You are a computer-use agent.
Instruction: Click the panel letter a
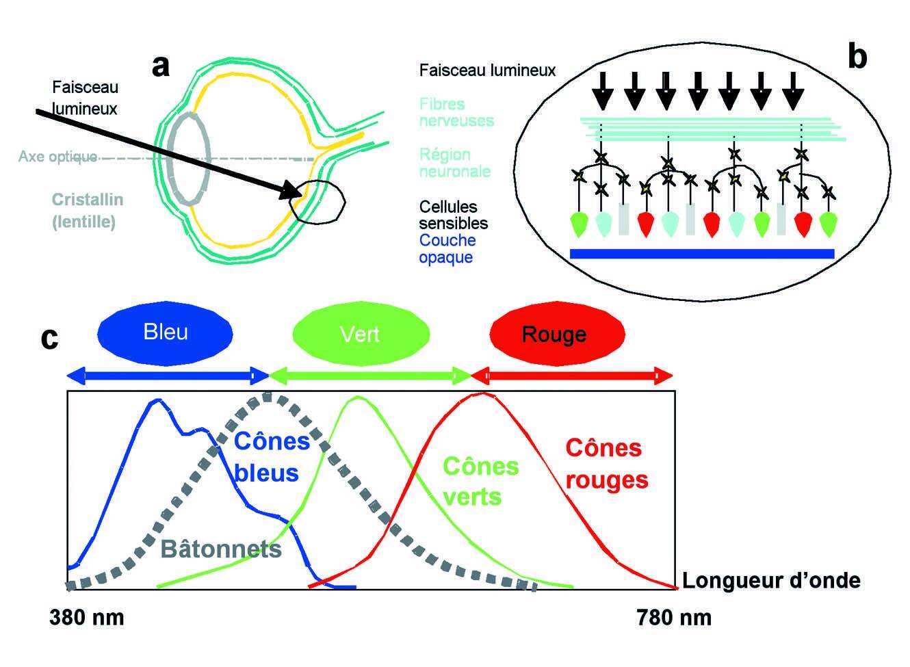pos(160,66)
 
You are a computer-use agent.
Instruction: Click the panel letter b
pos(857,57)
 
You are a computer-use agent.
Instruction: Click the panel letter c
pos(49,337)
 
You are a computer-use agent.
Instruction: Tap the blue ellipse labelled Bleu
pos(166,333)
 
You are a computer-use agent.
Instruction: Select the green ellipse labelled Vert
pos(361,334)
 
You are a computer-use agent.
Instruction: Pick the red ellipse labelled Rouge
pos(557,334)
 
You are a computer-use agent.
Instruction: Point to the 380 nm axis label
pos(87,618)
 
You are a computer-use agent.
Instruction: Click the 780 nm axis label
pos(674,618)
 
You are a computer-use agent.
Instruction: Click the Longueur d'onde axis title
pos(771,581)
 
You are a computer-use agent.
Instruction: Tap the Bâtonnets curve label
pos(221,549)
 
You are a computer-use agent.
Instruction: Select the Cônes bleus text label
pos(270,457)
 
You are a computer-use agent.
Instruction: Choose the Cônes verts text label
pos(481,481)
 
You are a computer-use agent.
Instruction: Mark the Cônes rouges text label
pos(606,464)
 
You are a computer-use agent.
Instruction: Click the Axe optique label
pos(57,157)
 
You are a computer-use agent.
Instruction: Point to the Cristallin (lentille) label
pos(87,211)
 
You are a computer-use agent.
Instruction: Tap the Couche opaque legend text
pos(447,249)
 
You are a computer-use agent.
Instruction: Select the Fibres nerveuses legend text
pos(456,112)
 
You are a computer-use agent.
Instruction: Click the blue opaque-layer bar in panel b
pos(701,253)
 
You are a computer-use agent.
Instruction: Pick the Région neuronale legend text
pos(454,163)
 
